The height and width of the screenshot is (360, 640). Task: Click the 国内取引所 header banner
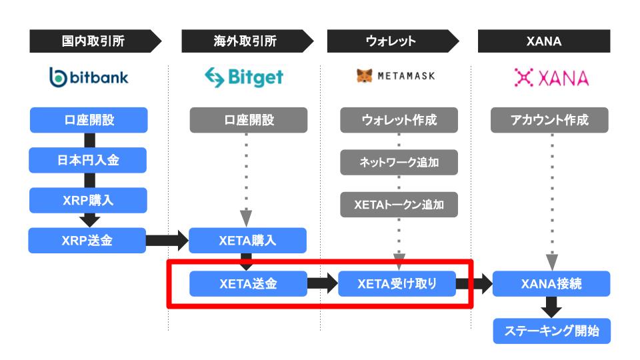click(95, 41)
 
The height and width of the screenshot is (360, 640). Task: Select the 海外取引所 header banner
click(247, 41)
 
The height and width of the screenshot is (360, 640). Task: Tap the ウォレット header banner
click(393, 41)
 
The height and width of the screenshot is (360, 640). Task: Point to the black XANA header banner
click(544, 41)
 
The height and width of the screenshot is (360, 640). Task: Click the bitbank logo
click(89, 77)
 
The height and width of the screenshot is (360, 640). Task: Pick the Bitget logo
click(244, 77)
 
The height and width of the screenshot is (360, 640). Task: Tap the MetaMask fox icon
click(365, 75)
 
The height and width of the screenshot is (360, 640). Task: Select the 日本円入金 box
click(88, 160)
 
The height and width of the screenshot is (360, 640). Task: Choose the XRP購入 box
click(88, 200)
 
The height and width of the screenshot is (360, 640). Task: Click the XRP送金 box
click(87, 241)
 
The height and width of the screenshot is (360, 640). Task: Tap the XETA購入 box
click(248, 241)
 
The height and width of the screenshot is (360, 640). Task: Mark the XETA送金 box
click(248, 284)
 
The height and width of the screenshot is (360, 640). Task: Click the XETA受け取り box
click(397, 284)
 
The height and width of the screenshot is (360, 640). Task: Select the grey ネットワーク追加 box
click(399, 163)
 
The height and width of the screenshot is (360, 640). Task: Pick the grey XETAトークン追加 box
click(399, 205)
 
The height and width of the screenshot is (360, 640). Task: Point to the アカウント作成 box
click(549, 120)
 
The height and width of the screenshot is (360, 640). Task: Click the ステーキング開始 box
click(552, 331)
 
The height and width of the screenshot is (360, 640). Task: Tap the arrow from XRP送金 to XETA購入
click(167, 241)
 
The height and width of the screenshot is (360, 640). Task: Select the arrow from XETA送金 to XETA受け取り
click(323, 284)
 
